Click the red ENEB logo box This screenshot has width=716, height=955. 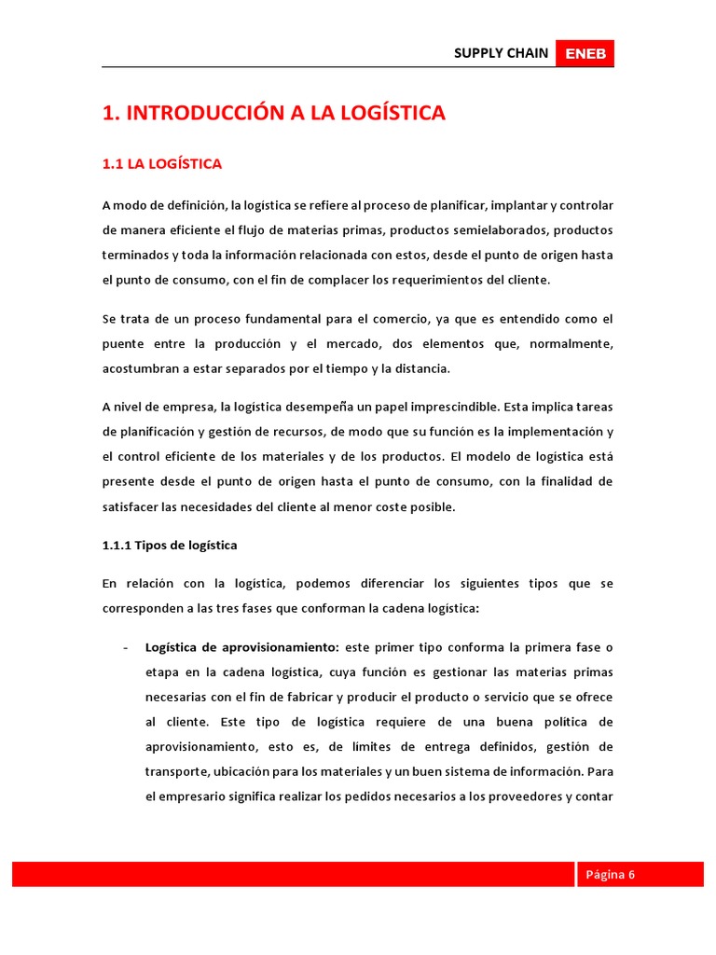click(x=585, y=54)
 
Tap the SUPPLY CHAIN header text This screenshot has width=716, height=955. click(x=501, y=53)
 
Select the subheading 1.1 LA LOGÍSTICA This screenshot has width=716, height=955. click(x=162, y=164)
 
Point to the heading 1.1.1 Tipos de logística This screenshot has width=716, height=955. click(x=170, y=546)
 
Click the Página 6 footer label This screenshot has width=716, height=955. click(x=610, y=875)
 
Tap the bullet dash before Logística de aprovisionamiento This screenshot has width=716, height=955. click(x=125, y=647)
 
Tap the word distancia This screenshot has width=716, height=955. click(x=421, y=368)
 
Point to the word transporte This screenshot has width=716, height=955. click(x=176, y=772)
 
